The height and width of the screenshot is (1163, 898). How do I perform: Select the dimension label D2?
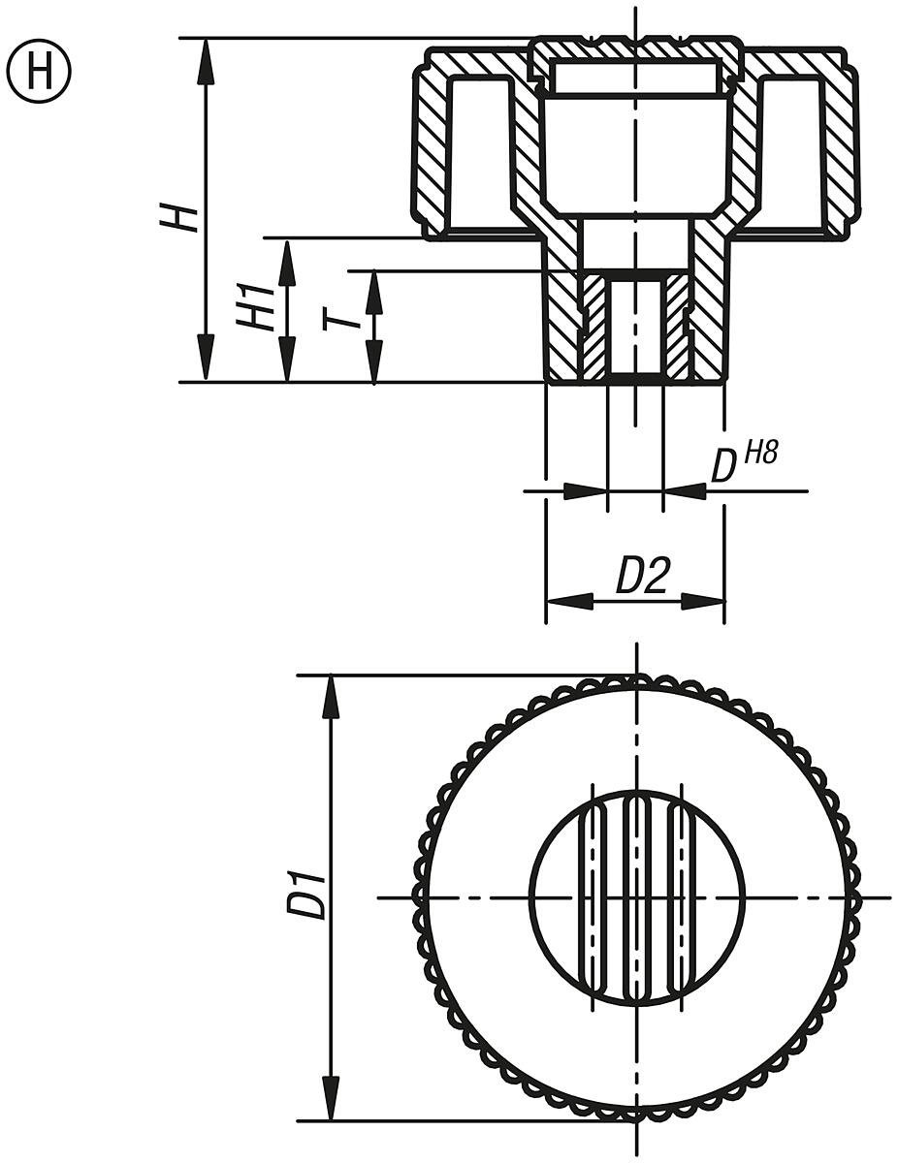pos(642,579)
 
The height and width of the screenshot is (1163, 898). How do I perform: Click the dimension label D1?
pos(309,896)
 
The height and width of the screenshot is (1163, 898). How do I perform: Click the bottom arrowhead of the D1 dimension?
pos(332,1097)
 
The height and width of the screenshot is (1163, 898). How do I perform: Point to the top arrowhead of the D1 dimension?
pos(332,698)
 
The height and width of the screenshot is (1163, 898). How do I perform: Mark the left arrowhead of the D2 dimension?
pos(569,601)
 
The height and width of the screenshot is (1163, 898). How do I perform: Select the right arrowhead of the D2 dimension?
pos(702,601)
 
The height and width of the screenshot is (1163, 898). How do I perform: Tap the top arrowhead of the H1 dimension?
pos(287,263)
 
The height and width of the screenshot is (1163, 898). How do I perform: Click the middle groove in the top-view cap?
pos(636,897)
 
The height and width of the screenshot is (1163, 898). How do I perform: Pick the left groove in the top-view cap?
pos(591,897)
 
